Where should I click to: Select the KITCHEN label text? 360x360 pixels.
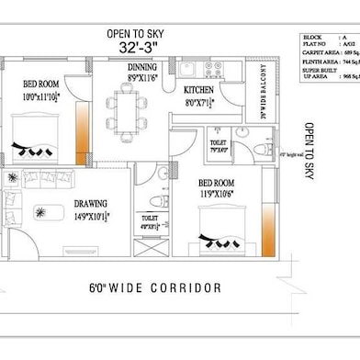click(199, 89)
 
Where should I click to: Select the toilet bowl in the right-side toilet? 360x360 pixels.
click(260, 149)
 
